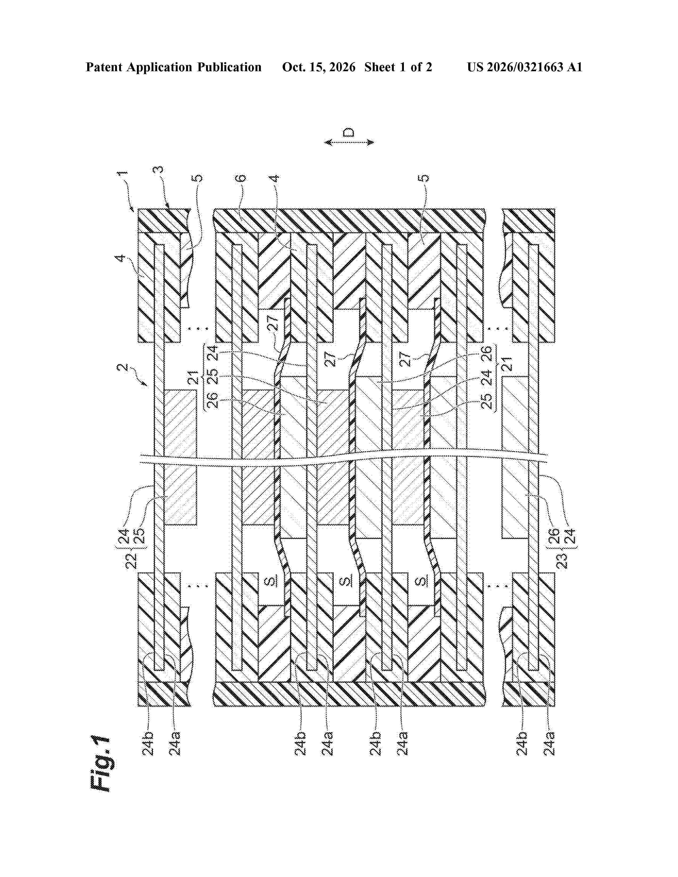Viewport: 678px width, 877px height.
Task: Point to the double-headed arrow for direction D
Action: point(349,142)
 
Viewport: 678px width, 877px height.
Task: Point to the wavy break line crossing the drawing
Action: point(344,458)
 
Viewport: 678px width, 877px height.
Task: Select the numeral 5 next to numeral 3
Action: point(199,178)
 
